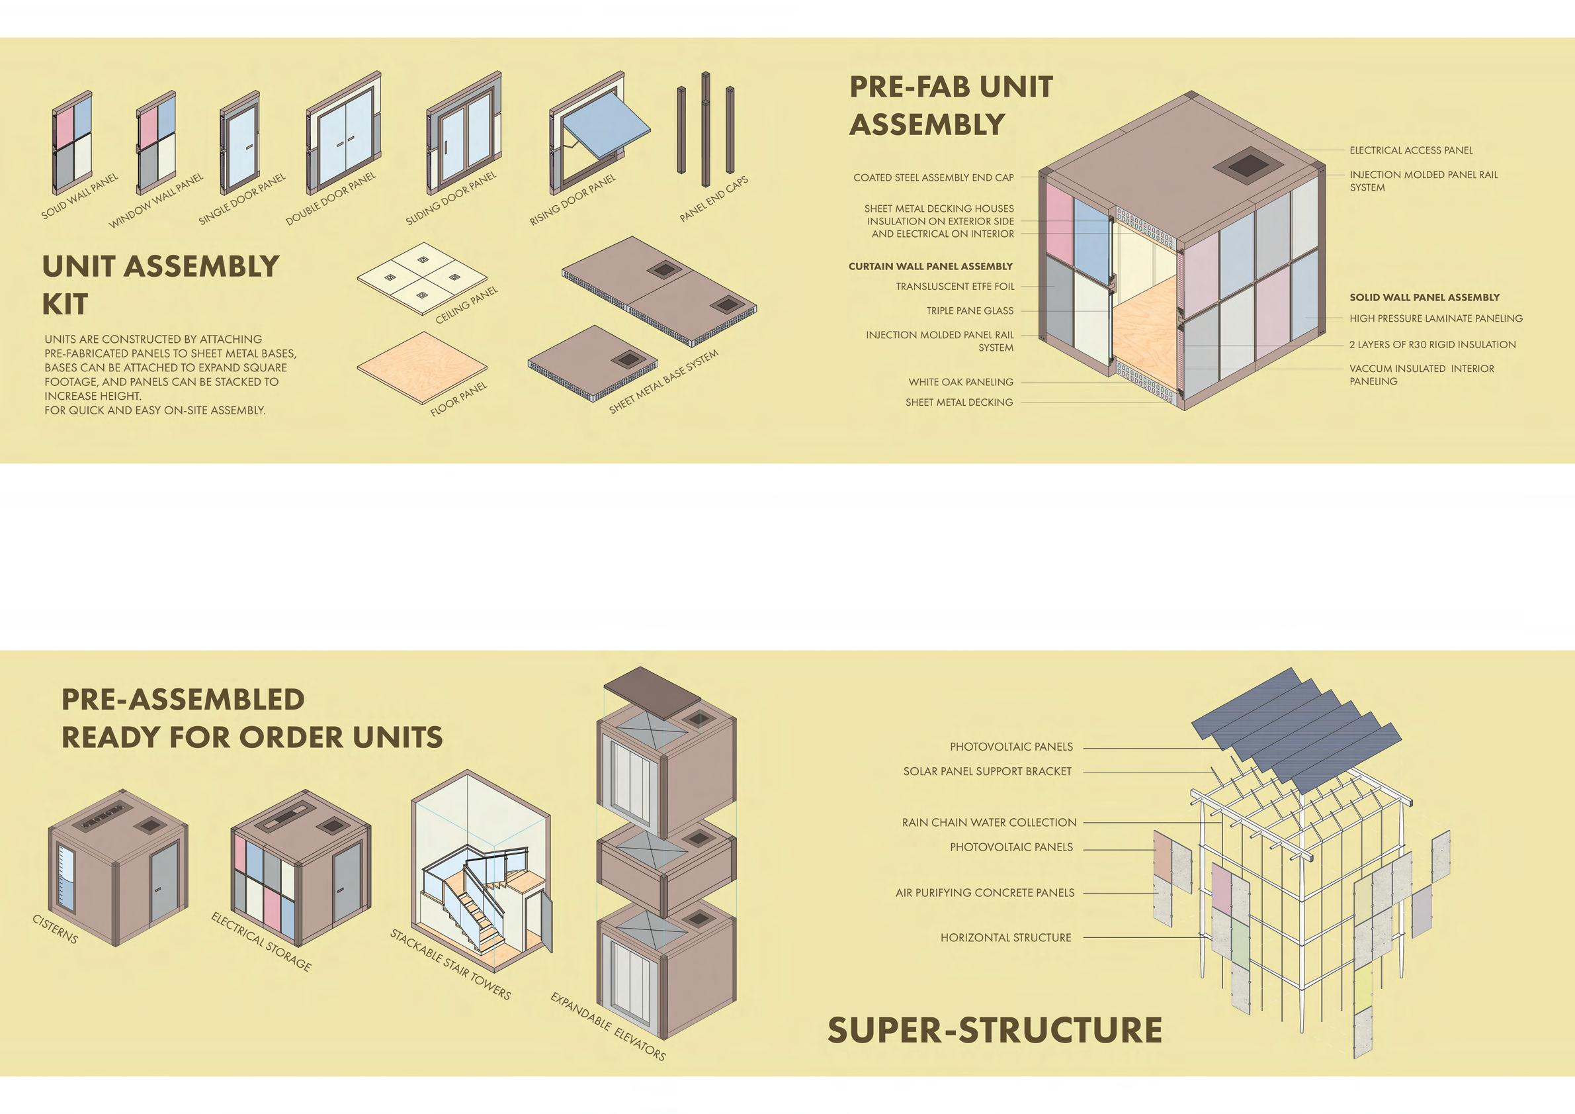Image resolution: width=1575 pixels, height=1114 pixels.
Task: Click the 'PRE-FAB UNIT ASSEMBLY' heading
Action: tap(951, 106)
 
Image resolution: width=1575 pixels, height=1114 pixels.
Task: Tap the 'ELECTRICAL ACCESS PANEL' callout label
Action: tap(1411, 150)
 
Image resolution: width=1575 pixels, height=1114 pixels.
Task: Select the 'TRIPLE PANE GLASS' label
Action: tap(969, 311)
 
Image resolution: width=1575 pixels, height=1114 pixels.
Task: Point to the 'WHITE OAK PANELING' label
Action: tap(960, 383)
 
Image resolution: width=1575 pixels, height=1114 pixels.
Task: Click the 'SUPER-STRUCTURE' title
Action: tap(995, 1030)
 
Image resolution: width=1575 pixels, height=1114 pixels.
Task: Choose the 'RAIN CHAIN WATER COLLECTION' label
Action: tap(989, 822)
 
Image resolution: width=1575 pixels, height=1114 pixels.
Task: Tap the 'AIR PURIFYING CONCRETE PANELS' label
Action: tap(984, 893)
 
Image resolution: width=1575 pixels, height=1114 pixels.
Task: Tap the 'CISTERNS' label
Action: tap(56, 929)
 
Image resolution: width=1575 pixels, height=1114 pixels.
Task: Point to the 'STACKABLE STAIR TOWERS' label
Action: tap(450, 964)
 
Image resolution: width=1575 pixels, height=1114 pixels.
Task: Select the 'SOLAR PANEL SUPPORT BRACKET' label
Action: tap(987, 772)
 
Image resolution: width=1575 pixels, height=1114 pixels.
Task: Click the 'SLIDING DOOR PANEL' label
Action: tap(450, 199)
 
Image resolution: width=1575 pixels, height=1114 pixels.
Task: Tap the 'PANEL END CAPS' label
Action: tap(714, 199)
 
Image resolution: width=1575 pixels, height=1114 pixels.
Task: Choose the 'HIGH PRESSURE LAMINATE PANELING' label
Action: tap(1435, 318)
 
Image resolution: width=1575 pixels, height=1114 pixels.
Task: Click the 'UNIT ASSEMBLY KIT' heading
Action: tap(161, 285)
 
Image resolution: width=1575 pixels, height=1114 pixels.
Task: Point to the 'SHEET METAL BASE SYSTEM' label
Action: tap(663, 382)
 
